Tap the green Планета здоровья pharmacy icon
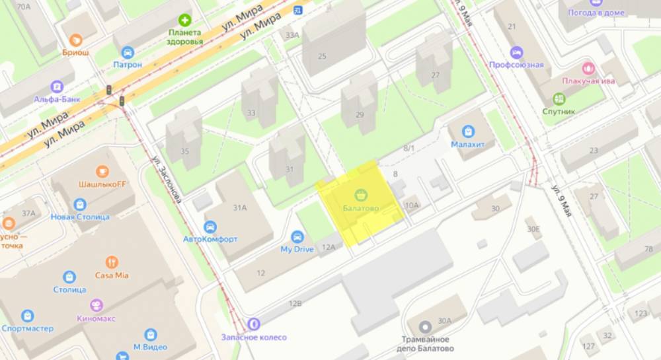(x=186, y=20)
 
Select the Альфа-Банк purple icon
(x=56, y=87)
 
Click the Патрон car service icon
(x=128, y=52)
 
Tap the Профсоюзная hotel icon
(x=516, y=52)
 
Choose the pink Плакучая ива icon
(x=588, y=67)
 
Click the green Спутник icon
(x=559, y=98)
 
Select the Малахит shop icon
(x=469, y=131)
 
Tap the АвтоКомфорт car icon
(x=210, y=226)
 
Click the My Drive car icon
(x=297, y=236)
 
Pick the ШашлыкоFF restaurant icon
(x=102, y=172)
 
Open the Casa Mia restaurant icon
(x=112, y=262)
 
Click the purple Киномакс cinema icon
(x=97, y=306)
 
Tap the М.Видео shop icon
(x=151, y=335)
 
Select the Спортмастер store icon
(x=27, y=316)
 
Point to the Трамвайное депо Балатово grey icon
(x=424, y=326)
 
